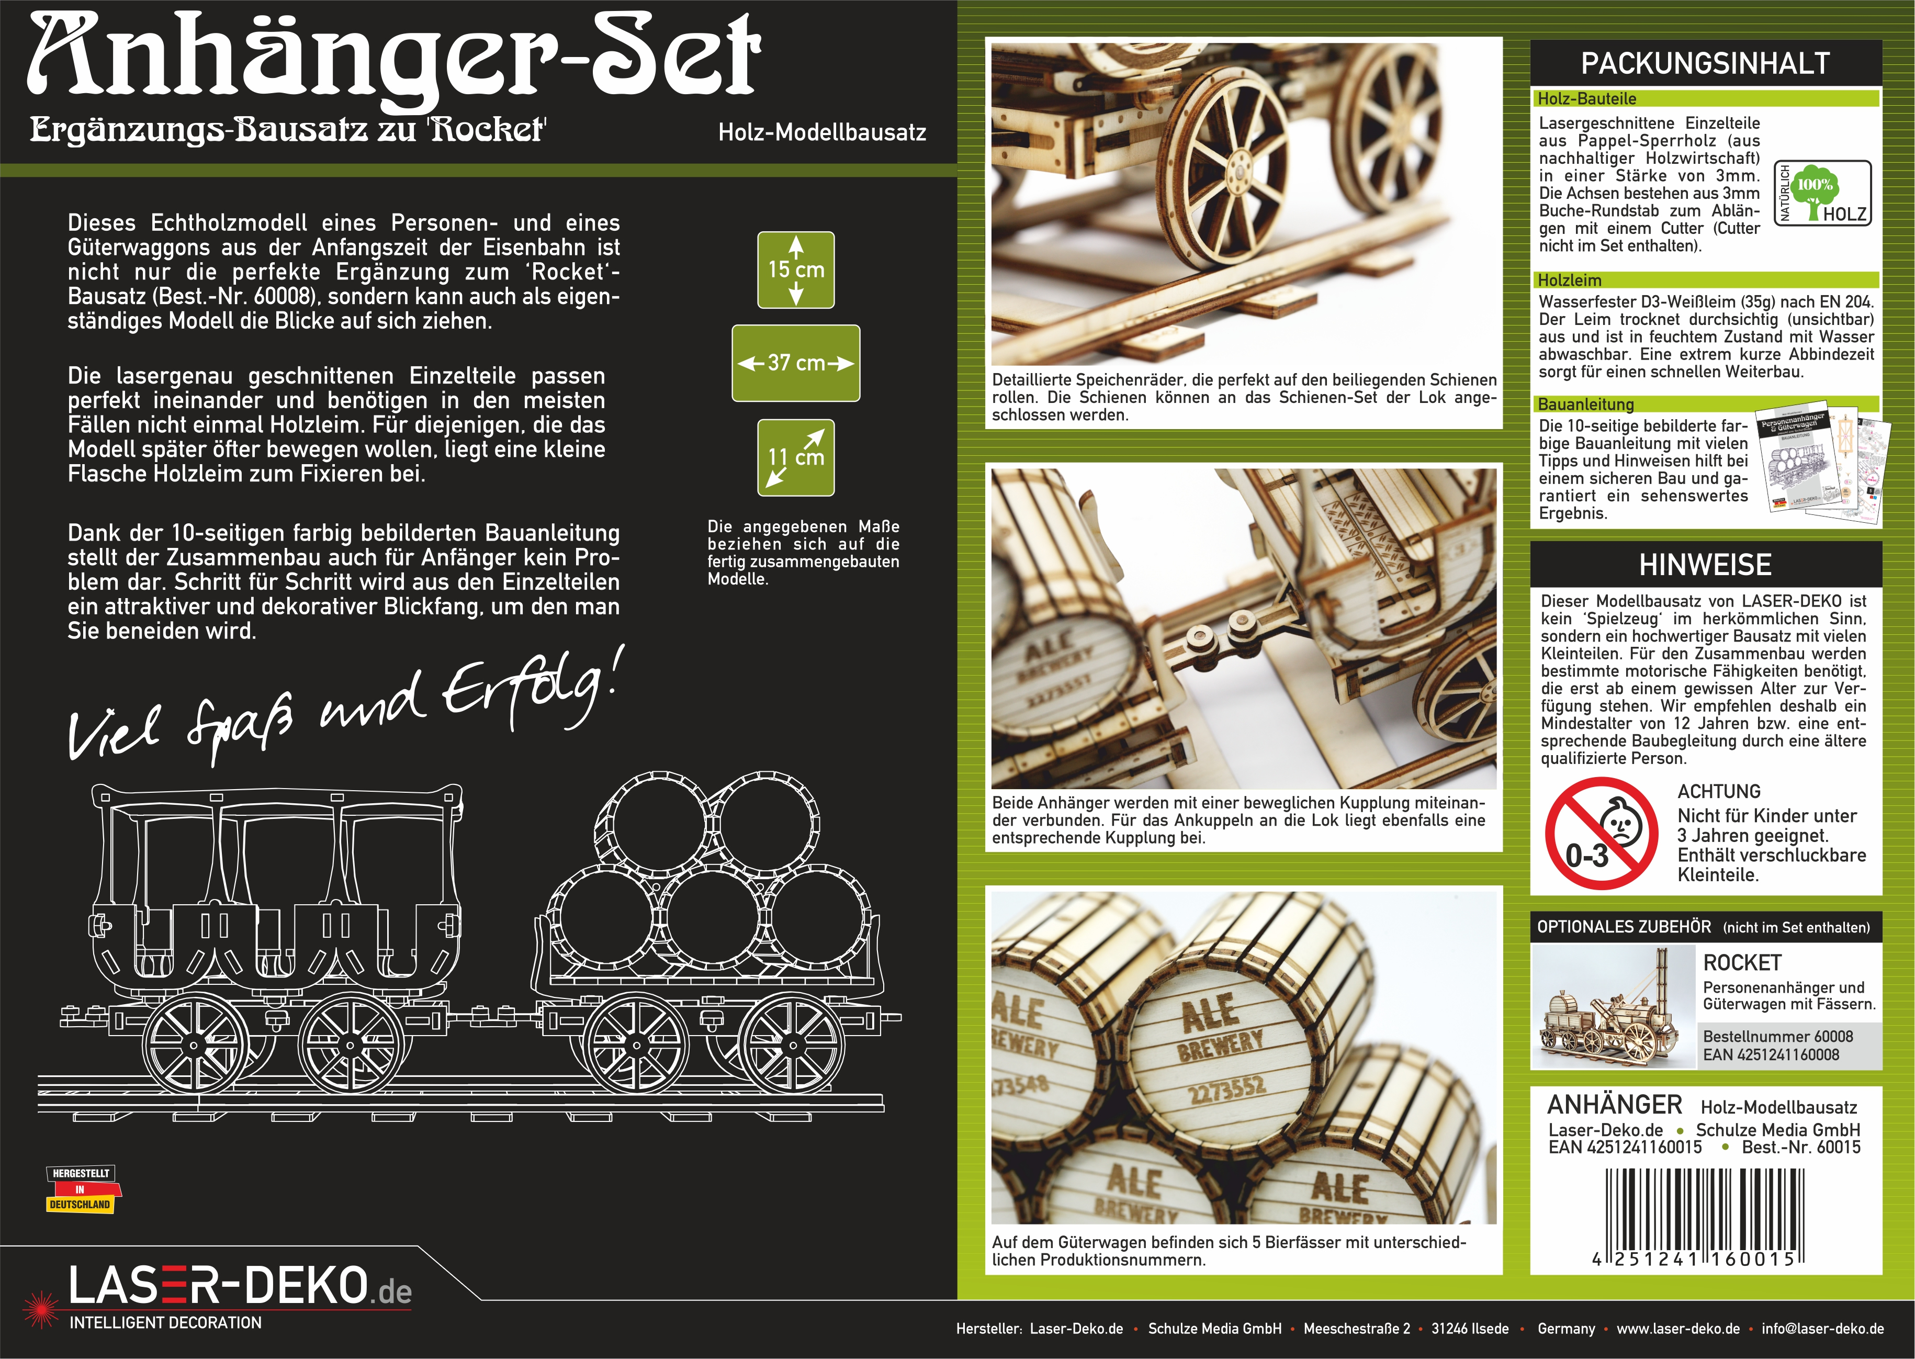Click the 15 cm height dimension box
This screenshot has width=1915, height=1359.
click(x=796, y=269)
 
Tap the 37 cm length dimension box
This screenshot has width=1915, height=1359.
click(x=796, y=363)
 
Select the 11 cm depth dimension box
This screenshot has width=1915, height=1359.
click(x=796, y=458)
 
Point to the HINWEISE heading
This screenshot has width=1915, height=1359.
click(x=1705, y=565)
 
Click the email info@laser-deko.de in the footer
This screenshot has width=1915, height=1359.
click(x=1823, y=1328)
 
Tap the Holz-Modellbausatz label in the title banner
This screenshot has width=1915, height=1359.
click(x=821, y=132)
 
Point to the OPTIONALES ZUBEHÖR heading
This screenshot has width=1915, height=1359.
click(x=1624, y=926)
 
